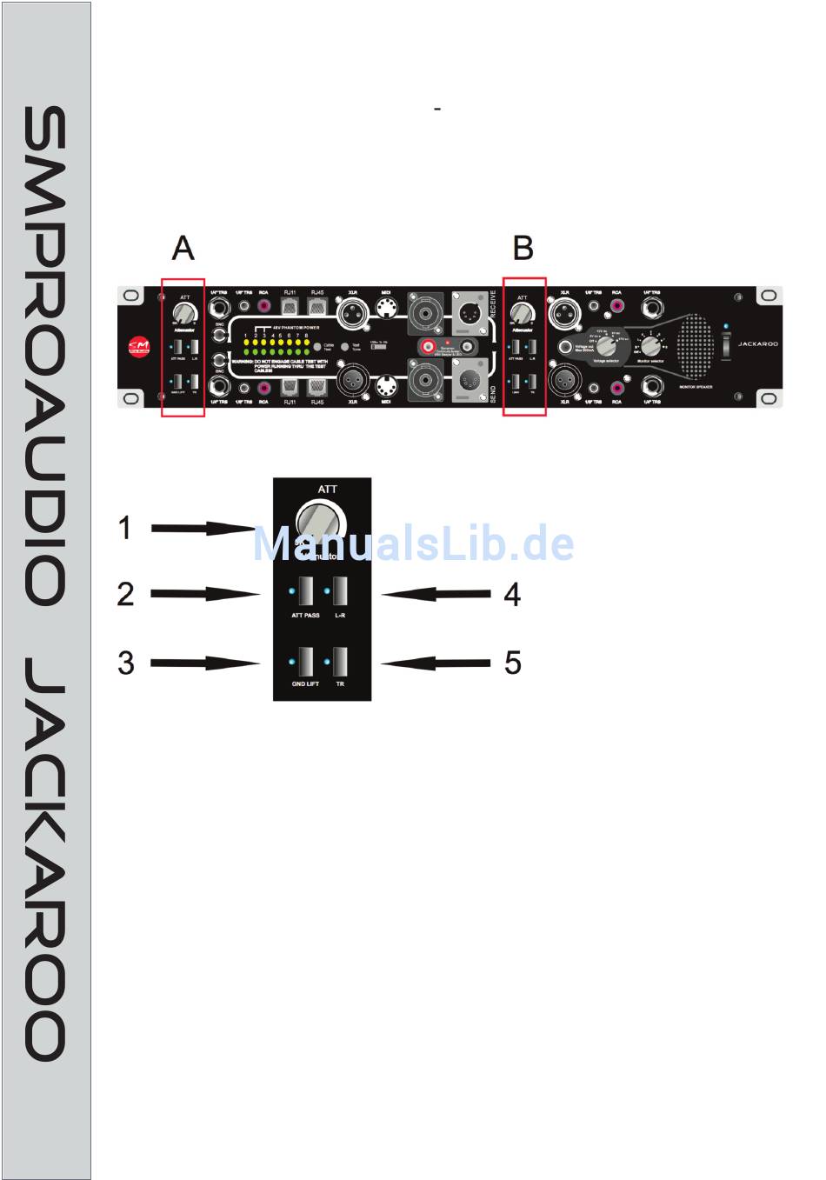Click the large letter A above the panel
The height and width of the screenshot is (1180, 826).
[183, 249]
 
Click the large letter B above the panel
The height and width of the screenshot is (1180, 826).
[523, 249]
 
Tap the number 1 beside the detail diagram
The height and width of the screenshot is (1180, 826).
[125, 528]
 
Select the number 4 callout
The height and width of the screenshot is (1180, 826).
[512, 595]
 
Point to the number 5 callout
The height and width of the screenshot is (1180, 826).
[513, 663]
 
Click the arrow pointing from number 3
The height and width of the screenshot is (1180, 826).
[205, 663]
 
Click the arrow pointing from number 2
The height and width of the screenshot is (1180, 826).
[205, 594]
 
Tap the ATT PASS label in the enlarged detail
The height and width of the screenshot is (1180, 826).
[305, 616]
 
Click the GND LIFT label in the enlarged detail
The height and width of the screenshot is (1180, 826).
[305, 684]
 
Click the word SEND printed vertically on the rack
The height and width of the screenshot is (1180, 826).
[492, 390]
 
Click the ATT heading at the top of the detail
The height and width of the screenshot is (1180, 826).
[328, 490]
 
